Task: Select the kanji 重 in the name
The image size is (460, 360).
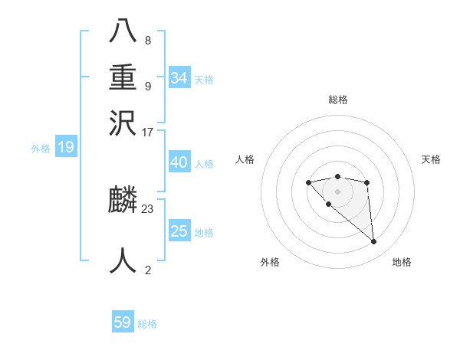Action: pyautogui.click(x=123, y=79)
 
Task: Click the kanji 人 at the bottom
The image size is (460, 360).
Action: pyautogui.click(x=123, y=260)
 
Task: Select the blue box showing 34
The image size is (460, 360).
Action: pyautogui.click(x=179, y=78)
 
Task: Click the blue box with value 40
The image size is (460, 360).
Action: pyautogui.click(x=179, y=162)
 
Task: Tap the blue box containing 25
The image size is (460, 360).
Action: pyautogui.click(x=179, y=231)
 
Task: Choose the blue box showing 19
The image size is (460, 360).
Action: pyautogui.click(x=65, y=148)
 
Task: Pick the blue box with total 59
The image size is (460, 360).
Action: pyautogui.click(x=123, y=322)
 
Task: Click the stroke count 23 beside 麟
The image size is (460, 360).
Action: pyautogui.click(x=148, y=208)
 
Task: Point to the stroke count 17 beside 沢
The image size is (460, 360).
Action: pyautogui.click(x=148, y=132)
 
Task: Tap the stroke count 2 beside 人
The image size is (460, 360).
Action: pyautogui.click(x=148, y=270)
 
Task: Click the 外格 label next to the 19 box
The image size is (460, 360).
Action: pyautogui.click(x=40, y=149)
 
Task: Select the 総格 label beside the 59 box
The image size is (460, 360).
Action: pyautogui.click(x=147, y=324)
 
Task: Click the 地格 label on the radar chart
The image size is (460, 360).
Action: pyautogui.click(x=402, y=263)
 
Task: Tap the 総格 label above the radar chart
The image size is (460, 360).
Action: pyautogui.click(x=337, y=100)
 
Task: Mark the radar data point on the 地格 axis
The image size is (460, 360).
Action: pyautogui.click(x=374, y=242)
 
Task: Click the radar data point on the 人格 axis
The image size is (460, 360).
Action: pyautogui.click(x=308, y=182)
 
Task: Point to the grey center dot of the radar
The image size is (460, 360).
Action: pyautogui.click(x=337, y=191)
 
